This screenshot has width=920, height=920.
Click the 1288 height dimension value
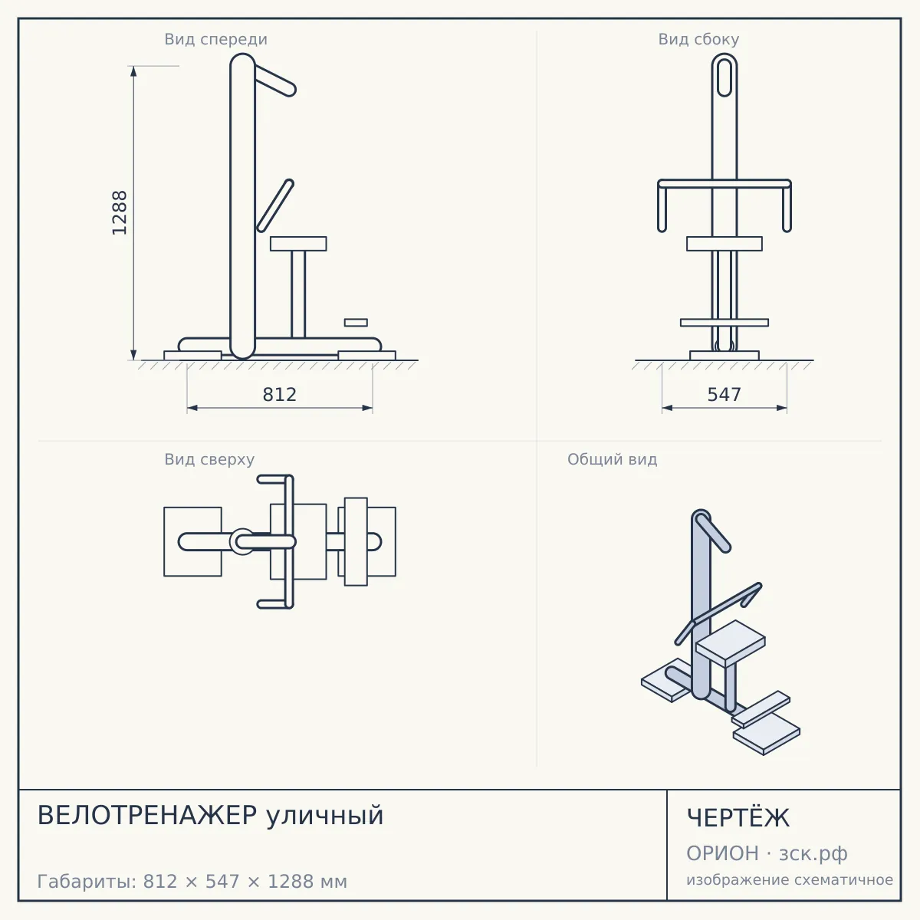coord(120,213)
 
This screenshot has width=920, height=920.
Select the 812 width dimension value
coord(280,394)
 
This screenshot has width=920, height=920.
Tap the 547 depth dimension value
coord(724,394)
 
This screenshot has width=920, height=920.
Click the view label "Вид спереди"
coord(215,39)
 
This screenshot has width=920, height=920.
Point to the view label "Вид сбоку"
coord(698,39)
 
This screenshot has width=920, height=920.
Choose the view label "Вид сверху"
coord(209,459)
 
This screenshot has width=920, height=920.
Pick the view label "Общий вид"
coord(612,459)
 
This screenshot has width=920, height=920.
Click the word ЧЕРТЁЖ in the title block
coord(738,817)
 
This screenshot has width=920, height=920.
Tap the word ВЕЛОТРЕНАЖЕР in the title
coord(147,816)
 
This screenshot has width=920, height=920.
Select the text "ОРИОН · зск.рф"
coord(767,853)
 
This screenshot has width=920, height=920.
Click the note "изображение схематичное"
coord(790,879)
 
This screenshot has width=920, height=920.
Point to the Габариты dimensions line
coord(192,882)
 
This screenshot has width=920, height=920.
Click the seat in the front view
coord(298,244)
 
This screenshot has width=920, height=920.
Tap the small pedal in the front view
coord(356,323)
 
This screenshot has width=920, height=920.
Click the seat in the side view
coord(724,244)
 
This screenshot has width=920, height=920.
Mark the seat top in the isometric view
coord(731,639)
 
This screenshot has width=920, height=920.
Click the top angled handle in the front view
coord(274,80)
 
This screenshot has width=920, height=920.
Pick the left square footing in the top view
coord(192,541)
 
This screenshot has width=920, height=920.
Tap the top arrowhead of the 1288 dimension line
coord(133,71)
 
